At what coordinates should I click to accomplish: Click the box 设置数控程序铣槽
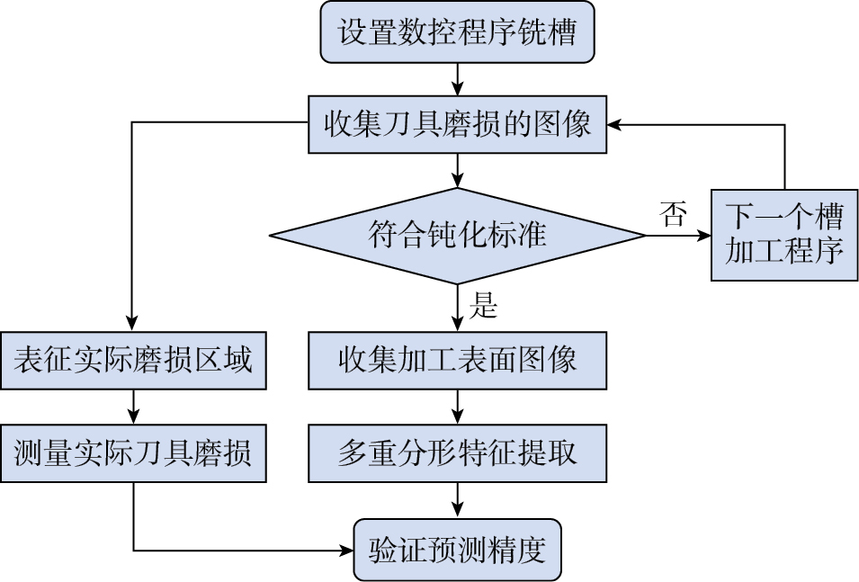pyautogui.click(x=457, y=33)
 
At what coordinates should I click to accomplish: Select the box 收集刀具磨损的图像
pyautogui.click(x=457, y=124)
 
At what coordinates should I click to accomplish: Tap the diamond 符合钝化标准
pyautogui.click(x=457, y=236)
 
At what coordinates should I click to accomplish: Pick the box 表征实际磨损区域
pyautogui.click(x=133, y=361)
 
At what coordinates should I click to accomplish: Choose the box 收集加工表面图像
pyautogui.click(x=457, y=361)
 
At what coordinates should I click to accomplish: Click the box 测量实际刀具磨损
pyautogui.click(x=133, y=452)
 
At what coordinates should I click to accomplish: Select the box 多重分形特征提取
pyautogui.click(x=457, y=452)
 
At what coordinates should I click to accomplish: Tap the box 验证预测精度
pyautogui.click(x=457, y=550)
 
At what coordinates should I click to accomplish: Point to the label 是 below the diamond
pyautogui.click(x=483, y=307)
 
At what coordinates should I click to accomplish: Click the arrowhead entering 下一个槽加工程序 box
pyautogui.click(x=703, y=236)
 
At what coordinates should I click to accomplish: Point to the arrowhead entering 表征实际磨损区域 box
pyautogui.click(x=133, y=326)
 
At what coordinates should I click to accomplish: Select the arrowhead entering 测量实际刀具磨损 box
pyautogui.click(x=133, y=417)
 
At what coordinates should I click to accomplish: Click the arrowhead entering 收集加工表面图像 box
pyautogui.click(x=458, y=326)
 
